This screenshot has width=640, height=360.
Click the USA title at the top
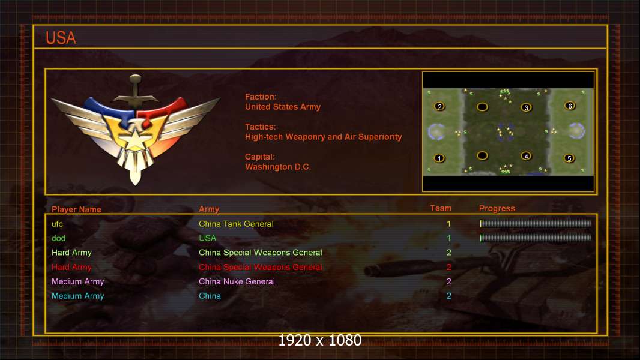pos(61,38)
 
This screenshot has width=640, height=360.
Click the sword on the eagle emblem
pos(135,92)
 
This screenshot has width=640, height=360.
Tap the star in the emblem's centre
pos(134,139)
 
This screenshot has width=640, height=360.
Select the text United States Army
pos(282,107)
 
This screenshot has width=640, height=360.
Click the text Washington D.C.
pos(278,167)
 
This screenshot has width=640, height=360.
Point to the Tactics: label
pos(261,127)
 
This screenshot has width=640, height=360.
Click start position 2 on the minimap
pos(439,107)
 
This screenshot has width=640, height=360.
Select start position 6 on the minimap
pos(570,106)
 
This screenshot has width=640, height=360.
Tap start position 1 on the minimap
pos(439,158)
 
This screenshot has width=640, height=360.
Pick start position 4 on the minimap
pos(526,156)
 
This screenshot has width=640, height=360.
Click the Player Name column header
pos(76,209)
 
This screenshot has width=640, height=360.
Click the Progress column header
pos(497,208)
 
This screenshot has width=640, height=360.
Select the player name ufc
pos(57,224)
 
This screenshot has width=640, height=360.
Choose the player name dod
pos(58,238)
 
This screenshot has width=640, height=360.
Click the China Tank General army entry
pos(236,224)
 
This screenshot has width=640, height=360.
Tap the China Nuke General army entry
pos(237,281)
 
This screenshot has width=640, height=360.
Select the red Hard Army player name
pos(71,267)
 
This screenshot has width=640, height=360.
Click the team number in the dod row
pos(448,238)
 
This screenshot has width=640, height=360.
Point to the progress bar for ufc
pos(536,223)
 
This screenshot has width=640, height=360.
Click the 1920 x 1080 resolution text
pos(319,340)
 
